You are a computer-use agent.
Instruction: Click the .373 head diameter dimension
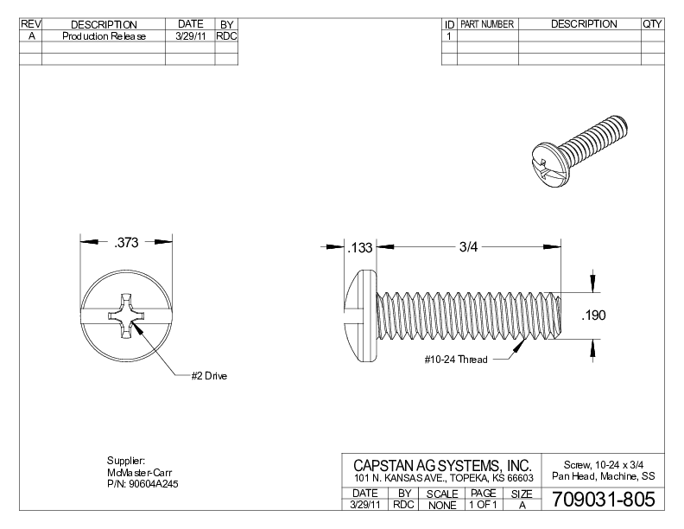pos(127,243)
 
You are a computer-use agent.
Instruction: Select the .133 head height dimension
pos(358,248)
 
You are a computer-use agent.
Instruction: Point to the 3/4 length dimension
pos(467,247)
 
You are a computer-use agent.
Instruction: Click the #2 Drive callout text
pos(209,376)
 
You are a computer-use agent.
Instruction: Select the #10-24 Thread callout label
pos(455,359)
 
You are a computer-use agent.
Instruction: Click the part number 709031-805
pos(597,500)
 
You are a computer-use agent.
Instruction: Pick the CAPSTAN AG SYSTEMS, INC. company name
pos(441,466)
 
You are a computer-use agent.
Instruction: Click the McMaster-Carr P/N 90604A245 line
pos(142,483)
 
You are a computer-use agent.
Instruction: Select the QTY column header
pos(652,24)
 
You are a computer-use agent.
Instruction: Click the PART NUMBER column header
pos(488,24)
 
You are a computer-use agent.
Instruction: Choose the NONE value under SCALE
pos(441,505)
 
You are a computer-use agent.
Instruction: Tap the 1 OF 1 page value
pos(482,505)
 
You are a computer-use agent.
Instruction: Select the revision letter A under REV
pos(31,36)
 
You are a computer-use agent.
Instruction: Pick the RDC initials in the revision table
pos(226,36)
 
